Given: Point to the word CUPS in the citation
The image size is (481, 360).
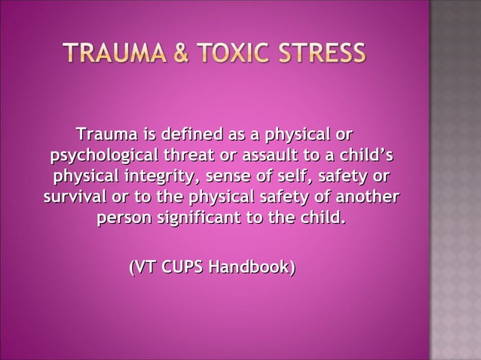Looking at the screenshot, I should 184,267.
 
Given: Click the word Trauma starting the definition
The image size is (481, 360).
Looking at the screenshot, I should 106,136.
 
